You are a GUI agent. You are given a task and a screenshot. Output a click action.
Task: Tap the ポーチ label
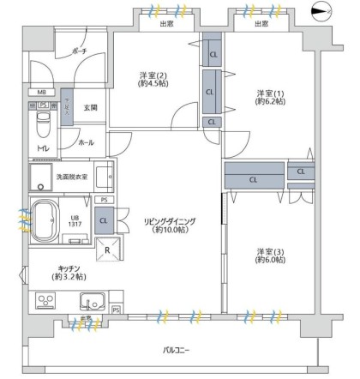79,52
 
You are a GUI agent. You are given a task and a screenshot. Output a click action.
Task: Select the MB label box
41,93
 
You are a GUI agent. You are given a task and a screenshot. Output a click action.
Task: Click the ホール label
86,142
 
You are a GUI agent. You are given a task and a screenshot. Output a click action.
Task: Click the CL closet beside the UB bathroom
104,221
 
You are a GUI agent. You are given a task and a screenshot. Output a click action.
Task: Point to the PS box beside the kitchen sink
116,308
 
